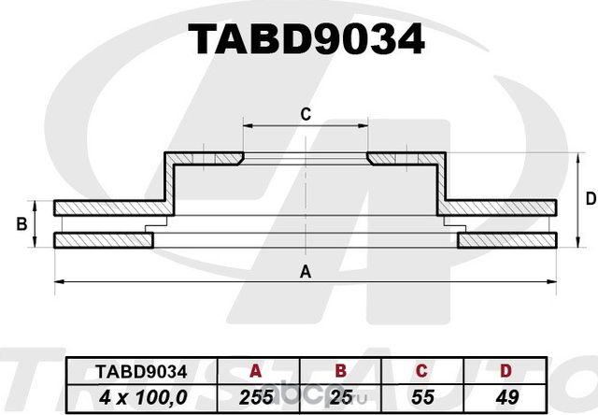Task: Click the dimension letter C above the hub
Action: (305, 115)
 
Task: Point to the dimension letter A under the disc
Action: (305, 272)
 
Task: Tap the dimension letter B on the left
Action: (21, 224)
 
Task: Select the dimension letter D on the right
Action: (590, 198)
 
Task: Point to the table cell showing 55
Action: (420, 397)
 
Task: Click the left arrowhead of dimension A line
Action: (58, 280)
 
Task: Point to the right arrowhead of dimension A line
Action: (555, 280)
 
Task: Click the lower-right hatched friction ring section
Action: (509, 241)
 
